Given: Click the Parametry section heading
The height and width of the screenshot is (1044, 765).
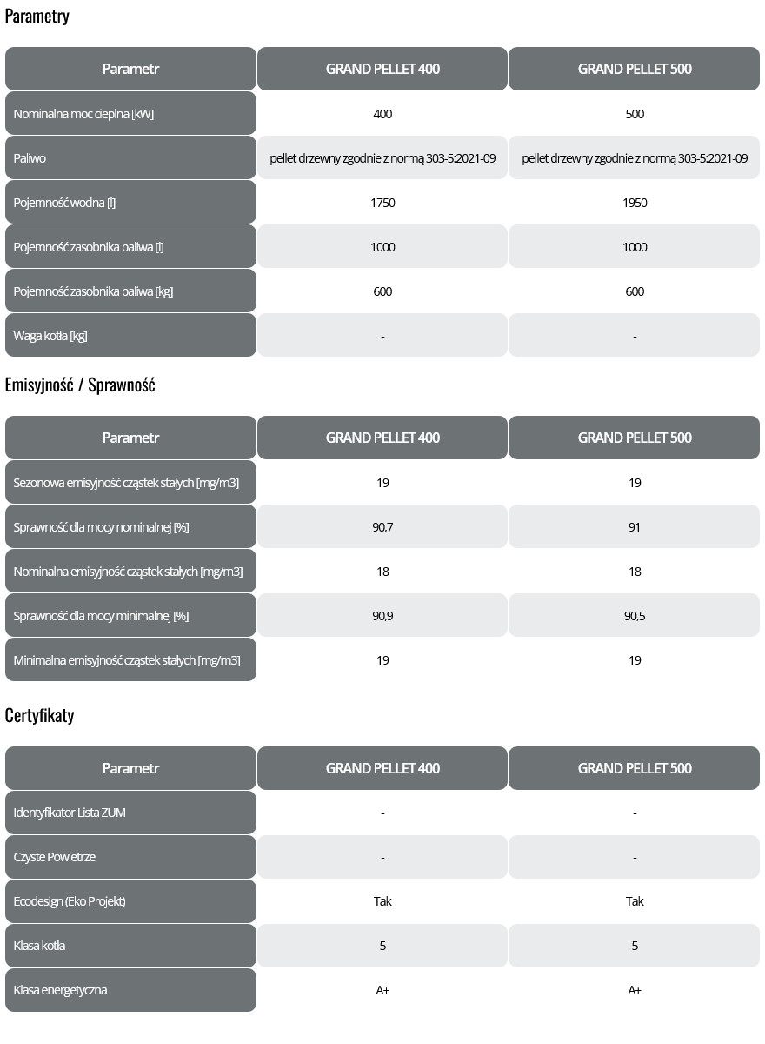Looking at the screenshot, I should (x=37, y=17).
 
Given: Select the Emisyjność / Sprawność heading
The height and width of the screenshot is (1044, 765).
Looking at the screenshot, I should (x=80, y=385).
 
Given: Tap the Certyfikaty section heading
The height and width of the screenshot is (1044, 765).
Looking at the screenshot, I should (x=39, y=716).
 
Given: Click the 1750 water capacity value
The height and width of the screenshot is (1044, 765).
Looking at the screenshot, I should (x=382, y=203).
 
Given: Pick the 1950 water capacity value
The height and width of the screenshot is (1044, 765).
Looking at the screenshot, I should (x=635, y=203).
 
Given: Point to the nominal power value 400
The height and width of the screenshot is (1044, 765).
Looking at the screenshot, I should (x=382, y=114).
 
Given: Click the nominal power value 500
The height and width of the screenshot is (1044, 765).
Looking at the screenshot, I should (x=635, y=114).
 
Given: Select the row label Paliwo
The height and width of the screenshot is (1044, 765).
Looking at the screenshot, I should (x=30, y=158).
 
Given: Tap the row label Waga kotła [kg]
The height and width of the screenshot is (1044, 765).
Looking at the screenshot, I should (x=50, y=336).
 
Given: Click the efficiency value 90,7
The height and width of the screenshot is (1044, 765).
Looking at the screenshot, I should (x=382, y=527).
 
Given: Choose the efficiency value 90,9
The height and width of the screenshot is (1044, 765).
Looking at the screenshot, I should (x=382, y=616).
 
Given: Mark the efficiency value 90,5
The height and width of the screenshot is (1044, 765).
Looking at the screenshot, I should (x=635, y=616).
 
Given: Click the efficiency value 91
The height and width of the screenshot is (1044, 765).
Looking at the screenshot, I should (x=635, y=527).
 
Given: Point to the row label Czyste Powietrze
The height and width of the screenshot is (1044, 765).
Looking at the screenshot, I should (x=55, y=857).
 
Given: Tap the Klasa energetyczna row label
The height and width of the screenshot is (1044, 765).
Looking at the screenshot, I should (x=61, y=990).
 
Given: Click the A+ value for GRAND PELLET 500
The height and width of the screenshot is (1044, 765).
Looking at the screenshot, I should (x=635, y=990).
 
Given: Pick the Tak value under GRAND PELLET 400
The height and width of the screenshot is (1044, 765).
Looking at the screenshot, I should (x=382, y=901).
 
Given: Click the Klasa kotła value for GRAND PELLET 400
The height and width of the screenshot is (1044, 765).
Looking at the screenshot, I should (x=382, y=946).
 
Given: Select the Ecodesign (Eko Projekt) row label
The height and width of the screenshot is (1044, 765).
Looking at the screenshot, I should (x=70, y=901).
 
